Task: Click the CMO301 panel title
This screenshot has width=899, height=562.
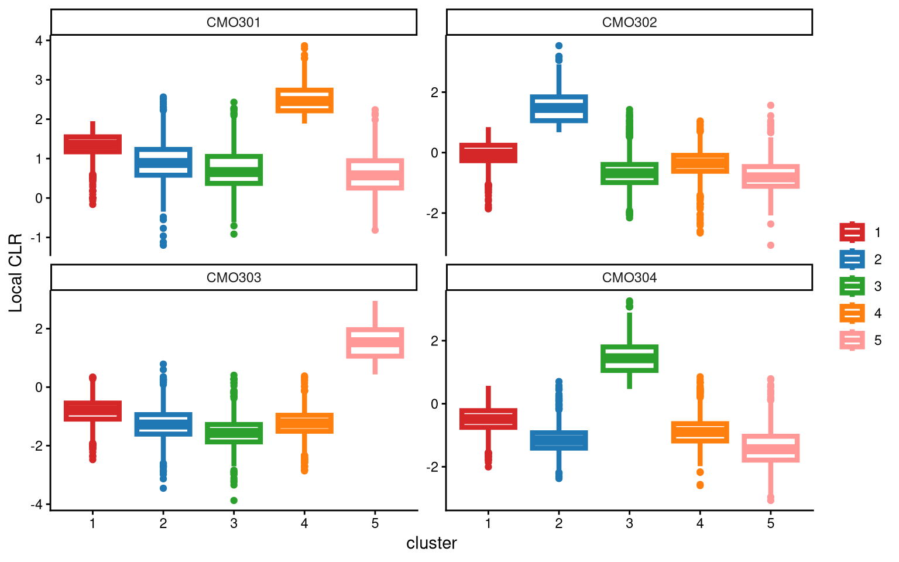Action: tap(234, 23)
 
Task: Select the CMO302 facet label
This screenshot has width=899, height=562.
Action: tap(629, 23)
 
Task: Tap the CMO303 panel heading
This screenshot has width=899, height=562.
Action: tap(234, 277)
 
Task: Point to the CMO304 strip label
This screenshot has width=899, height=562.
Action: tap(629, 277)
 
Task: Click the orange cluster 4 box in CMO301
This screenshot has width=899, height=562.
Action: tap(304, 100)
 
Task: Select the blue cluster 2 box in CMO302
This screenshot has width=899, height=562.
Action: tap(559, 108)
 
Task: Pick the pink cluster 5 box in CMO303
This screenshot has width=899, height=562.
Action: tap(375, 342)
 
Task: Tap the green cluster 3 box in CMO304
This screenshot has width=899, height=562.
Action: tap(630, 358)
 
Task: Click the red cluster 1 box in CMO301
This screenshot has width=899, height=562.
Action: tap(92, 144)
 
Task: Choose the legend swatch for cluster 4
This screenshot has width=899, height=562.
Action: tap(852, 313)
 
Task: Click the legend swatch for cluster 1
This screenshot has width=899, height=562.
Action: tap(852, 232)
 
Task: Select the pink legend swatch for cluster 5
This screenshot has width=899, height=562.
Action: tap(852, 340)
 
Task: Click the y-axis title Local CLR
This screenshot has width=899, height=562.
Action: tap(15, 272)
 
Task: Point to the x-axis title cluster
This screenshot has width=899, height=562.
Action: tap(431, 543)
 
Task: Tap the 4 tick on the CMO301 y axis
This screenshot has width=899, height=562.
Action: tap(39, 40)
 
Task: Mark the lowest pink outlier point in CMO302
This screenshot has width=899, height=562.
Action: tap(771, 245)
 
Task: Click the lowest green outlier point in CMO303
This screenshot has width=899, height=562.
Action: tap(234, 501)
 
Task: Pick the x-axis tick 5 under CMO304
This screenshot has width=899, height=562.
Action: tap(771, 523)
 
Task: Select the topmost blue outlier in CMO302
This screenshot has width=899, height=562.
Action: tap(559, 46)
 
